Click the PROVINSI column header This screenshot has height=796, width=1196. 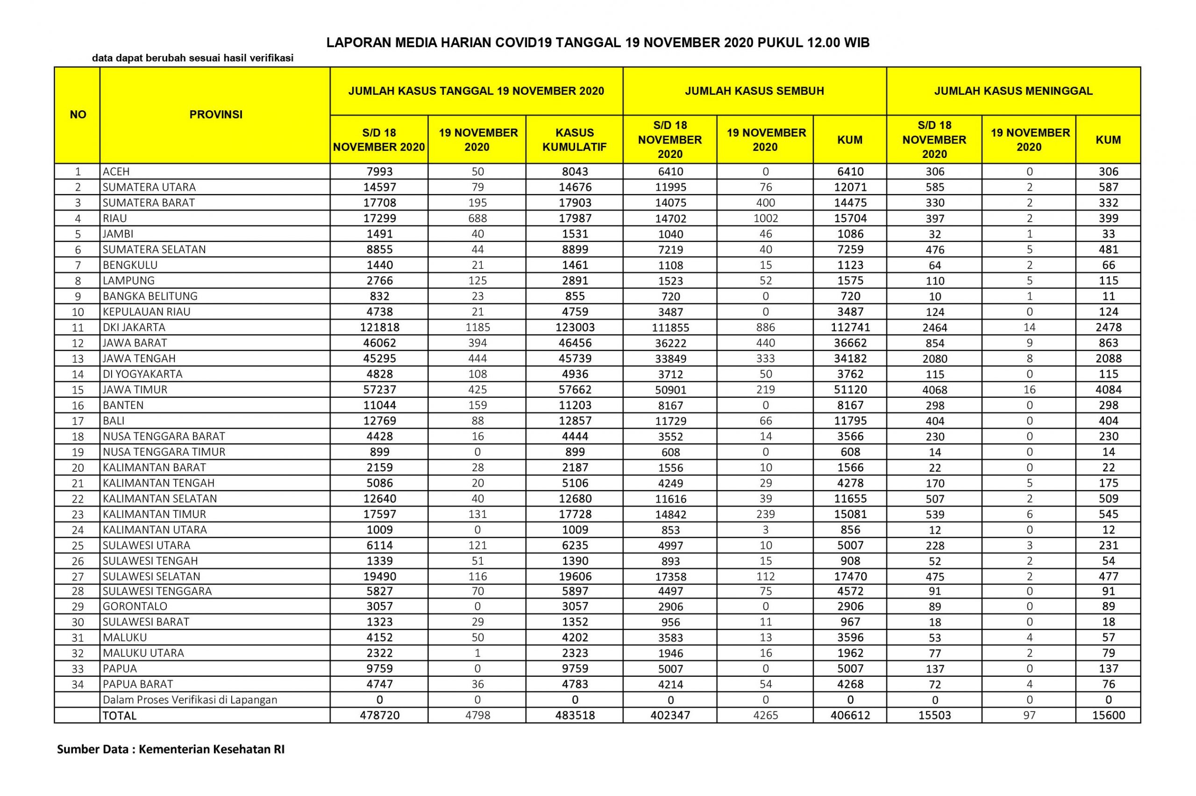216,115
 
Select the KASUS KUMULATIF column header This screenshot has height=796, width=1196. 574,140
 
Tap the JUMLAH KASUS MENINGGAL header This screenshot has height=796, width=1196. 1013,91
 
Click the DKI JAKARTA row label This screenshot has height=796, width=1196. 134,328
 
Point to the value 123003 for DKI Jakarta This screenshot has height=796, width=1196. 574,328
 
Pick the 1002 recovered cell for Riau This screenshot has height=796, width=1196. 765,218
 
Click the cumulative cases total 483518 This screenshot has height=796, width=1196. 574,715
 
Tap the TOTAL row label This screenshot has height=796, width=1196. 120,716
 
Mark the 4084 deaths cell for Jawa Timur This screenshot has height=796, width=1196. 1108,390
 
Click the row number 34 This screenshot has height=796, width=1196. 78,684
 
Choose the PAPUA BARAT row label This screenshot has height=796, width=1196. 137,684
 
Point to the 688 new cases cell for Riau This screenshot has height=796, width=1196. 477,218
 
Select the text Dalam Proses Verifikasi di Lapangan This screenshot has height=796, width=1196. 190,700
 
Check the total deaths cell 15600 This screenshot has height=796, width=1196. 1108,715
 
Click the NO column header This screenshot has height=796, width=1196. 78,115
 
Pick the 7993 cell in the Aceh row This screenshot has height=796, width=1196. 379,172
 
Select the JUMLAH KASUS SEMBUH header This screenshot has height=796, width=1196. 754,91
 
